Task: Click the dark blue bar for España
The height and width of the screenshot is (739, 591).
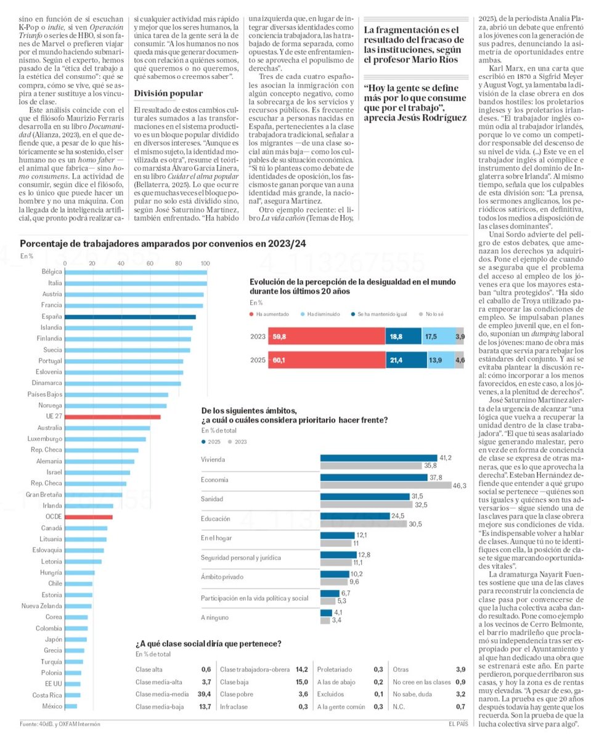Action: click(130, 317)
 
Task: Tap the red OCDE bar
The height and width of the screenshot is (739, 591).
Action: click(88, 517)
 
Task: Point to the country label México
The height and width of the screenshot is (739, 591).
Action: click(51, 706)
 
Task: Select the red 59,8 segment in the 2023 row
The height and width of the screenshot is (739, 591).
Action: click(327, 337)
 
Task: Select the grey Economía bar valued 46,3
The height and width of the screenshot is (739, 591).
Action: click(385, 485)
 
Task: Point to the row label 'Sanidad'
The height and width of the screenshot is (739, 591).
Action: click(211, 499)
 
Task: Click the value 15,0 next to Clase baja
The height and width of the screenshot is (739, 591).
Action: click(301, 681)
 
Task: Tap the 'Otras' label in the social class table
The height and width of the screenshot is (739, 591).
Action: click(401, 669)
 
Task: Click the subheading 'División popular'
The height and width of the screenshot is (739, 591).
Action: click(168, 94)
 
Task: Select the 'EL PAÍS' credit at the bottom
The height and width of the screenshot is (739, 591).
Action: click(460, 723)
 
